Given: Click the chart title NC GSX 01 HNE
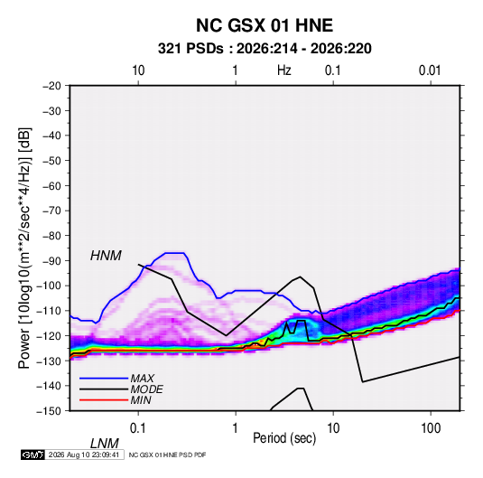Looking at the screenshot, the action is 265,25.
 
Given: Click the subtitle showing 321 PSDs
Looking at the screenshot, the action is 265,49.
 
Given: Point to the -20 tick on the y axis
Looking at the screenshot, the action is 51,86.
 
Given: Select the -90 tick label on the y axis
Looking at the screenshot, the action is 51,260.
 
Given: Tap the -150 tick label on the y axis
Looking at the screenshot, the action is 49,411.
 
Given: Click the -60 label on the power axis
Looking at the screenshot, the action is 51,185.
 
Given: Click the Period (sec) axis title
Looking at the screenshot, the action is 284,438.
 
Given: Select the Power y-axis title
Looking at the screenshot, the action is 24,248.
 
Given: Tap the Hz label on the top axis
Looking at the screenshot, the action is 284,70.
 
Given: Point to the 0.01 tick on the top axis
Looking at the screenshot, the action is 430,70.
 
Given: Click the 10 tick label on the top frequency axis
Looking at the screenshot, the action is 138,70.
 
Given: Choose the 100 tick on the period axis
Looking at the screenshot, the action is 431,428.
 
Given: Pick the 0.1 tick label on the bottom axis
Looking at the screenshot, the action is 137,428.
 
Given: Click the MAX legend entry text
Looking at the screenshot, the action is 142,378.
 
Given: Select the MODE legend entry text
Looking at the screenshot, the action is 146,389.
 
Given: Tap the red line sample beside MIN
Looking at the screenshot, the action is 104,400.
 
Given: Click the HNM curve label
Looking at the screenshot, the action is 106,256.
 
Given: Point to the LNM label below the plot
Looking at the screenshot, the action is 105,444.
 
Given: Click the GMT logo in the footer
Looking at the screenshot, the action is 33,455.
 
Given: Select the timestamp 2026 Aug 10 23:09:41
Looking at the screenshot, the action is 84,455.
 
